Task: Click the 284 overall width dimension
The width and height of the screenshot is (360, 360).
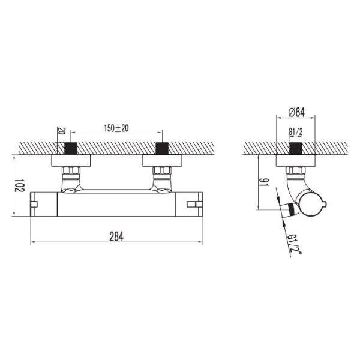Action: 116,237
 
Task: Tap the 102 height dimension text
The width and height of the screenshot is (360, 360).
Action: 19,185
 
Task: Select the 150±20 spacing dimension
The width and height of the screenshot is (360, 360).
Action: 116,128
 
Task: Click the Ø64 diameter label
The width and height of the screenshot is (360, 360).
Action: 296,112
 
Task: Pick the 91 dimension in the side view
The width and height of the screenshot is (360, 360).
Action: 264,182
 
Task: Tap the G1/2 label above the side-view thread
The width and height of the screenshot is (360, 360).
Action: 295,132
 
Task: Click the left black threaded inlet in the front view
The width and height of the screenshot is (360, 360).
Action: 71,148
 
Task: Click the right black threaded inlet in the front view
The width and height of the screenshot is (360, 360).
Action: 163,148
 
